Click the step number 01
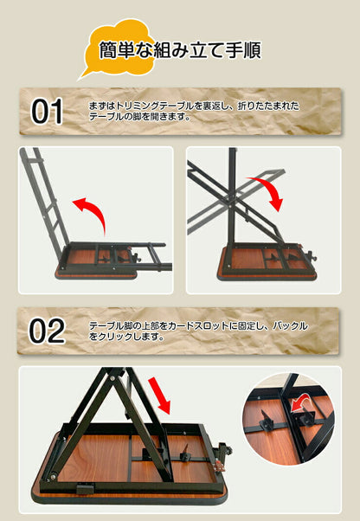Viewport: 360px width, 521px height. coord(48,112)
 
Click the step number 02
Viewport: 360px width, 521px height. coord(48,331)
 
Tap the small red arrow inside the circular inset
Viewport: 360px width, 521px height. coord(298,402)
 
